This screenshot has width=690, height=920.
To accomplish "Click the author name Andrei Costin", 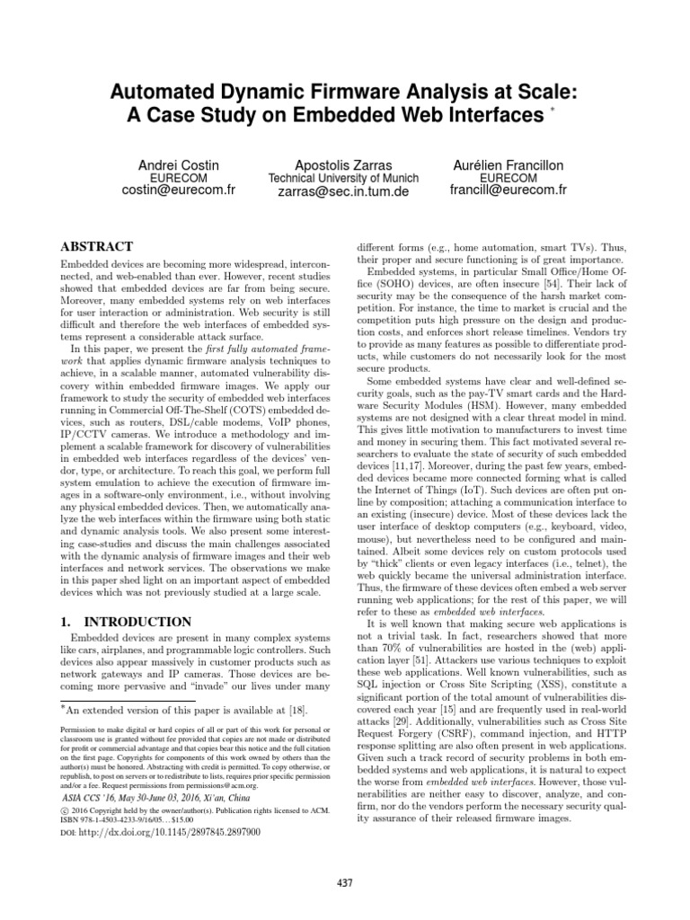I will (x=178, y=165).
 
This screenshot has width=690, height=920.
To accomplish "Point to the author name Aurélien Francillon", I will (x=508, y=165).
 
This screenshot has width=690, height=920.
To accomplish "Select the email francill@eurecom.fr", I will (x=508, y=192).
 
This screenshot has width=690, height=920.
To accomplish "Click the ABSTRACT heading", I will (x=96, y=247).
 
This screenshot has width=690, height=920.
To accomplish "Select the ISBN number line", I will (x=139, y=819).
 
